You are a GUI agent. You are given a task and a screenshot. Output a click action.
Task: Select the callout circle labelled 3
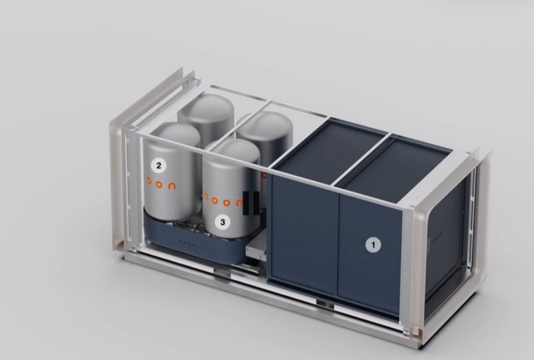click(x=223, y=222)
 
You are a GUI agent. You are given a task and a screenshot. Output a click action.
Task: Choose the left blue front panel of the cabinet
click(x=304, y=234)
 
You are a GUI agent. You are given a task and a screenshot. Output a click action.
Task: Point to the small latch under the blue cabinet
click(x=322, y=303)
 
